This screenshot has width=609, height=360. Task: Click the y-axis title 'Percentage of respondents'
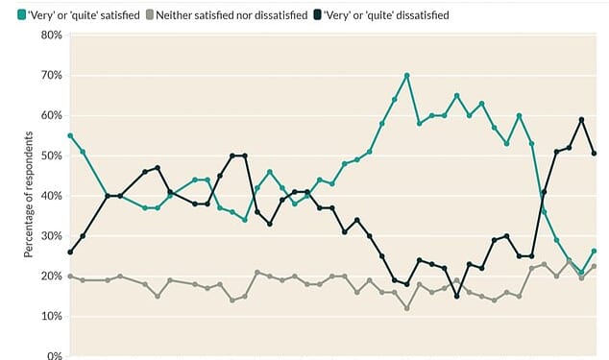[30, 196]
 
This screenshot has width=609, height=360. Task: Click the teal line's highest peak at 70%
[407, 75]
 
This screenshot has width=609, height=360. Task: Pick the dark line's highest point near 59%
[582, 119]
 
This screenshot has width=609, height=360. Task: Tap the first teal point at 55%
[70, 135]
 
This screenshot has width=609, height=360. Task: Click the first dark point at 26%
[70, 252]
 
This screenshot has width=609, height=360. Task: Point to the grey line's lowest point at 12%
[407, 308]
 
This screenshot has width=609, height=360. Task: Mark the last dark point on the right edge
[595, 153]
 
